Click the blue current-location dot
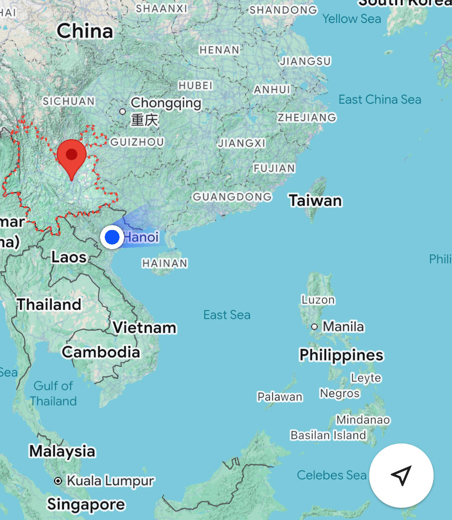pos(112,237)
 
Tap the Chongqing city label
pos(166,103)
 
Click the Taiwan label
pos(315,201)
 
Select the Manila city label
pos(343,327)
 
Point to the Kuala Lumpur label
pos(110,481)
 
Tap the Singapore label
pos(86,504)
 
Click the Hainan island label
pos(165,263)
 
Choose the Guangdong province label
pos(232,197)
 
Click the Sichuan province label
pos(69,101)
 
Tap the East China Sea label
pos(380,99)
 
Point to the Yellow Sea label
pos(352,19)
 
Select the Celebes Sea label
pos(332,475)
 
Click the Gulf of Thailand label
pos(53,393)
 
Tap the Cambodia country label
pos(101,352)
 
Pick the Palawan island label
pos(280,397)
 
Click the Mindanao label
pos(363,420)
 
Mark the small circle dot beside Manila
pos(314,327)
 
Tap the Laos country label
pos(69,257)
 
